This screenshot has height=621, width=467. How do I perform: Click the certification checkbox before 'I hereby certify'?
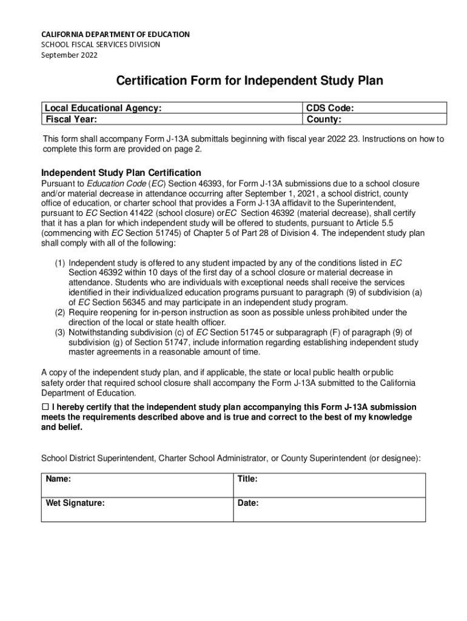(45, 407)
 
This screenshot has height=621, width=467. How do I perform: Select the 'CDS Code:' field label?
(331, 109)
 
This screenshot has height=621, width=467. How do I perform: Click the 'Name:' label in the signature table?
(58, 479)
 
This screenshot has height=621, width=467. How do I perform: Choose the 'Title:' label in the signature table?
(247, 479)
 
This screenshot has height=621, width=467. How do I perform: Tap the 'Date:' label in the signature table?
(248, 503)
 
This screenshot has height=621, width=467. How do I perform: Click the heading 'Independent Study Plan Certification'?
(120, 172)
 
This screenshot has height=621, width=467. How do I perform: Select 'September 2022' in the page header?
(69, 55)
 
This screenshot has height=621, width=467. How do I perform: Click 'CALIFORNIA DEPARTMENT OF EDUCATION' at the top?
(115, 35)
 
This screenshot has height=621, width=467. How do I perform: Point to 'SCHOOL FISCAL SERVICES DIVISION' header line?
(101, 45)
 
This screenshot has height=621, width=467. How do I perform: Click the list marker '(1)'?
(60, 263)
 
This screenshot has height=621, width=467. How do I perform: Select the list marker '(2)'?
(60, 312)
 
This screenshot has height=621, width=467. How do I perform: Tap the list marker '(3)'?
(60, 332)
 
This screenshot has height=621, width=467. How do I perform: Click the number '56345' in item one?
(134, 303)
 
